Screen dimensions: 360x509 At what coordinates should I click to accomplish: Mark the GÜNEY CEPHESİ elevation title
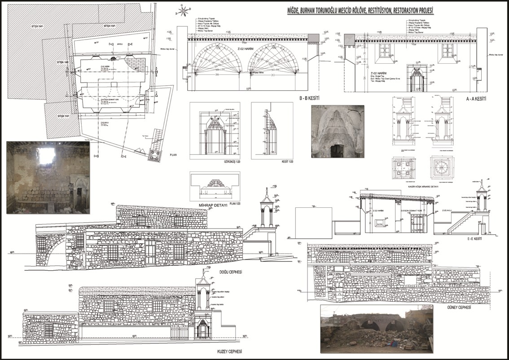pyautogui.click(x=458, y=308)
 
